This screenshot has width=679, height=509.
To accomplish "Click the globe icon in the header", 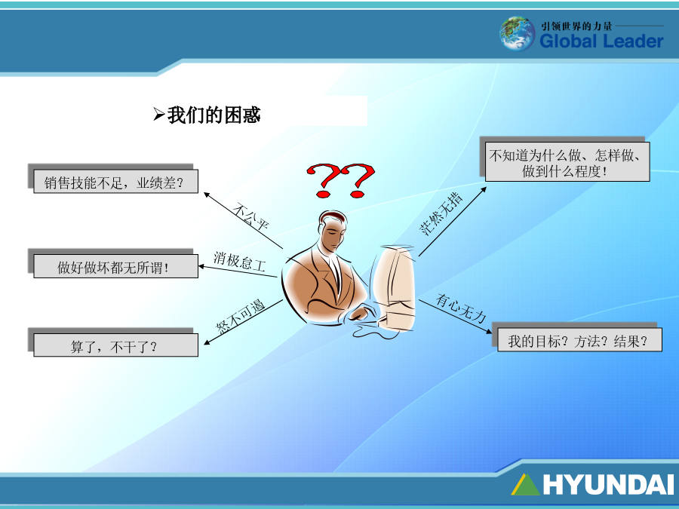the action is (517, 33).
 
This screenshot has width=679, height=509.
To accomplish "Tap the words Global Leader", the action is (601, 41).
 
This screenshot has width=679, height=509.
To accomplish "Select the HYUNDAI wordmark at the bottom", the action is (608, 484).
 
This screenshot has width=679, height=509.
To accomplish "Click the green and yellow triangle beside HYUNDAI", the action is (525, 484).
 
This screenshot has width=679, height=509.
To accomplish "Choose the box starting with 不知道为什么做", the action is (567, 162).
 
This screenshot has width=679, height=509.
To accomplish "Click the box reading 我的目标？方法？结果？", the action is (579, 340).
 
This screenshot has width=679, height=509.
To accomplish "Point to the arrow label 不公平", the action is (250, 216).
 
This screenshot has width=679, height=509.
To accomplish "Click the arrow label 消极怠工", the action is (239, 262).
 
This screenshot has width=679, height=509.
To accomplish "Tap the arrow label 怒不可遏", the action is (241, 317).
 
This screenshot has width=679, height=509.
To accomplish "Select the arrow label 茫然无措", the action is (441, 214).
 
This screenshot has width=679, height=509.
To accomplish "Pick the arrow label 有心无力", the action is (461, 308).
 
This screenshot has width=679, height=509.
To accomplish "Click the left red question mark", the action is (323, 180).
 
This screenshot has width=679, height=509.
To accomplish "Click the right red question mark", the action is (358, 180).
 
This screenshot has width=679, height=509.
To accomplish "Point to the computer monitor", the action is (395, 288).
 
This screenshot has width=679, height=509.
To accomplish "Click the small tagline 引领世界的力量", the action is (576, 26).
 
